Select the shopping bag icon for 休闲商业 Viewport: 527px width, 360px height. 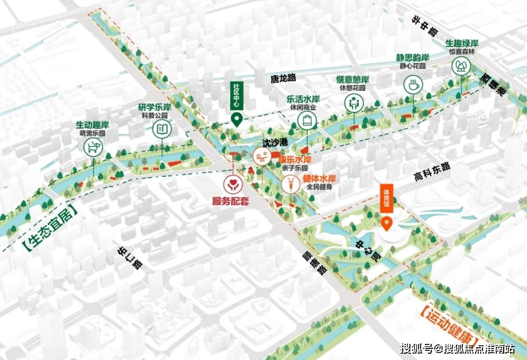pos(307,120)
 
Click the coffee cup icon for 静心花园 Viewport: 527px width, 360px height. pos(413,85)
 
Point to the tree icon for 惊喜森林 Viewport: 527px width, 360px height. pos(460,66)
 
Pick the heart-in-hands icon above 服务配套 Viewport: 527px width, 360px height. pos(231,184)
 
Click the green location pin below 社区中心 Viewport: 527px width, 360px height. pos(237,120)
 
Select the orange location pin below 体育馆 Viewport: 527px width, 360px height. pos(387,224)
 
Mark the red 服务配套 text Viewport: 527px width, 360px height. pos(230,200)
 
